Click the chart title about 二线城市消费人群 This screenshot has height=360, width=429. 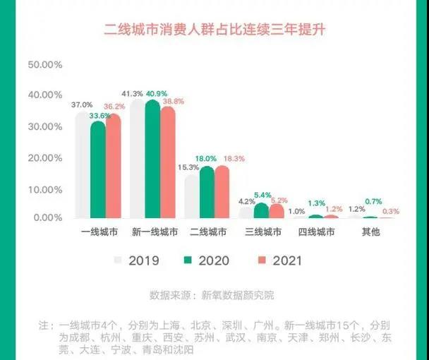(x=214, y=30)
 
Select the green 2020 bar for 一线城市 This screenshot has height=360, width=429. (x=98, y=170)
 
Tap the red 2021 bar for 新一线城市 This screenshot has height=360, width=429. (x=167, y=162)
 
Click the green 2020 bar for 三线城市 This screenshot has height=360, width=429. (x=261, y=210)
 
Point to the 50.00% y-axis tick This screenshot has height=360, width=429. (x=44, y=64)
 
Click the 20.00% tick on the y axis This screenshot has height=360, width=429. (x=44, y=157)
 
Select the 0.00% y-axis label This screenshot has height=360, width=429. (x=47, y=217)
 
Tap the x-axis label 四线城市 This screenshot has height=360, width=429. (x=315, y=232)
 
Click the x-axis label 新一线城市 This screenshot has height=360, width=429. (x=155, y=232)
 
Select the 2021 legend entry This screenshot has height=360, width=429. (x=284, y=260)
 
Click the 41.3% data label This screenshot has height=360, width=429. (x=132, y=93)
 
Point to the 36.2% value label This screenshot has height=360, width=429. (x=115, y=107)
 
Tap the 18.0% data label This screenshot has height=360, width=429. (x=206, y=159)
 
